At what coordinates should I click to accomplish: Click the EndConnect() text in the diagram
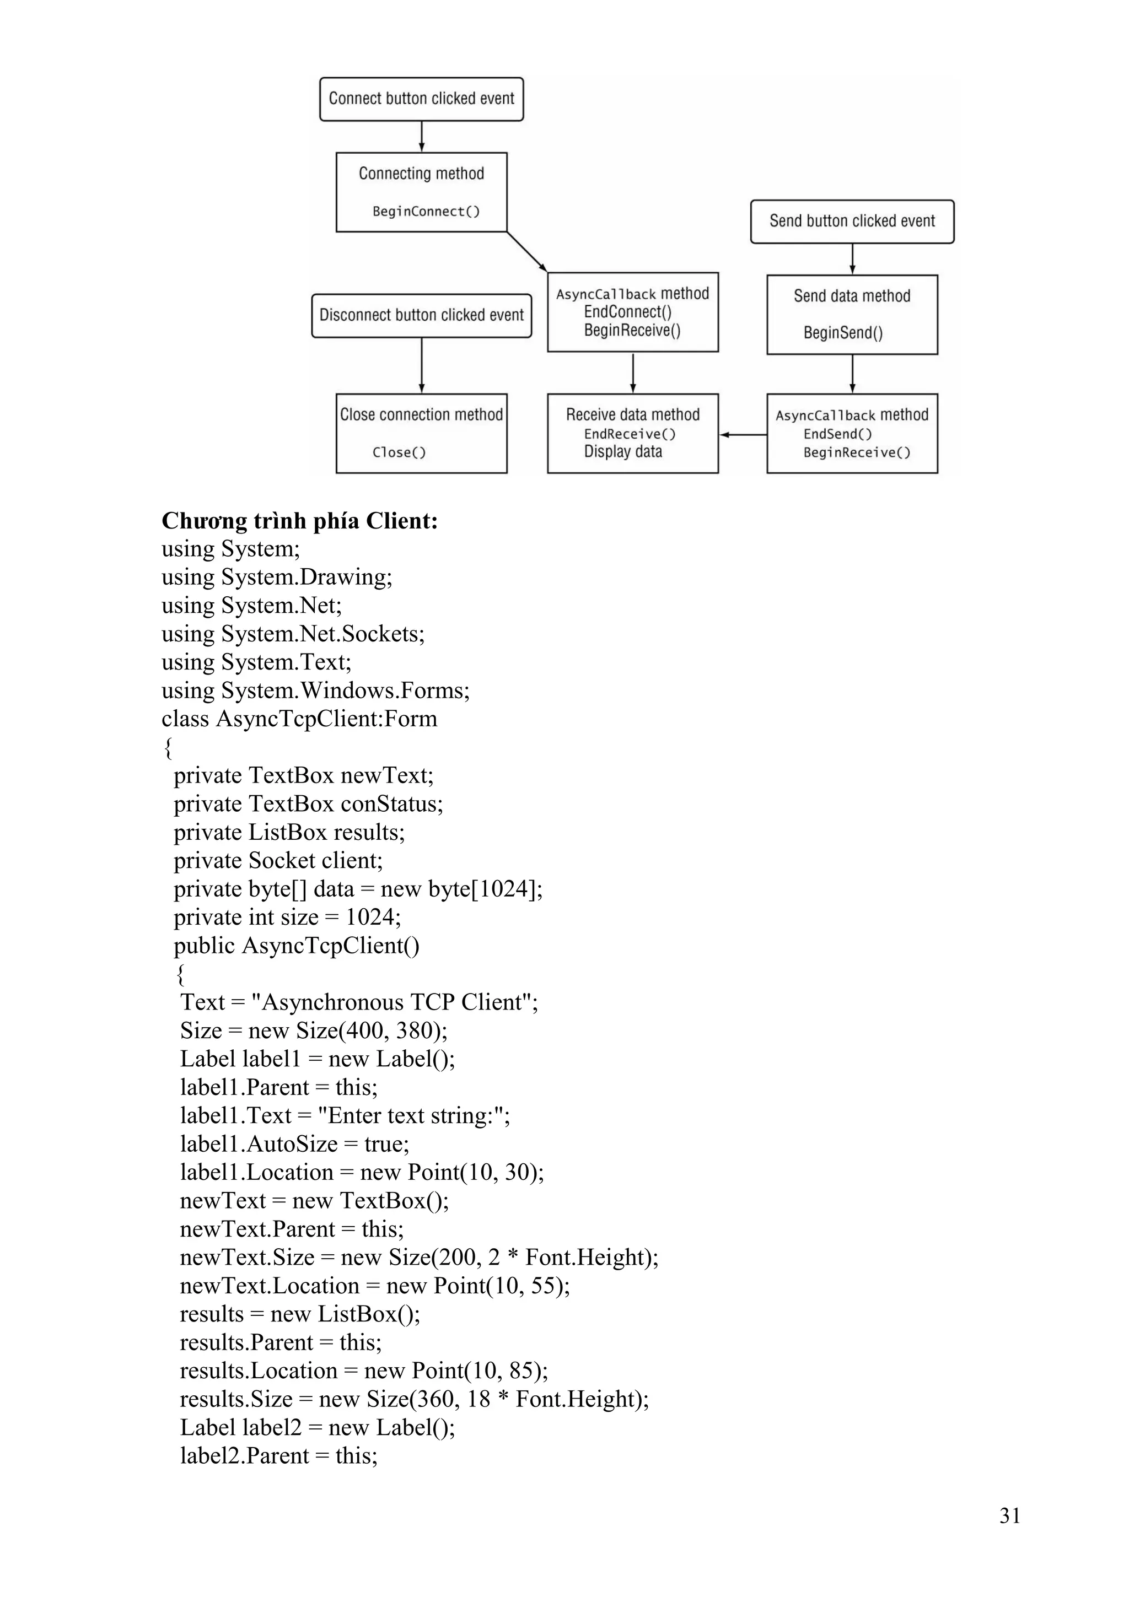627,312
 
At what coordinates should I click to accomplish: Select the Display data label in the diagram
622,452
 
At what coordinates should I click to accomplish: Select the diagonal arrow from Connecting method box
526,251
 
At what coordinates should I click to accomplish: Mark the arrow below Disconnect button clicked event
422,365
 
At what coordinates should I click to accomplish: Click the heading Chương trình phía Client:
300,521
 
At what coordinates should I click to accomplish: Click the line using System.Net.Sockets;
293,634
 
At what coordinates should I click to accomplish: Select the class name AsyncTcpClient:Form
326,719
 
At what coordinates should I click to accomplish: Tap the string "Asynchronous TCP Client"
393,1002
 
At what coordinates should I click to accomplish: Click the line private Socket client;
278,860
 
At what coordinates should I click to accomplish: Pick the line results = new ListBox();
300,1314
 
